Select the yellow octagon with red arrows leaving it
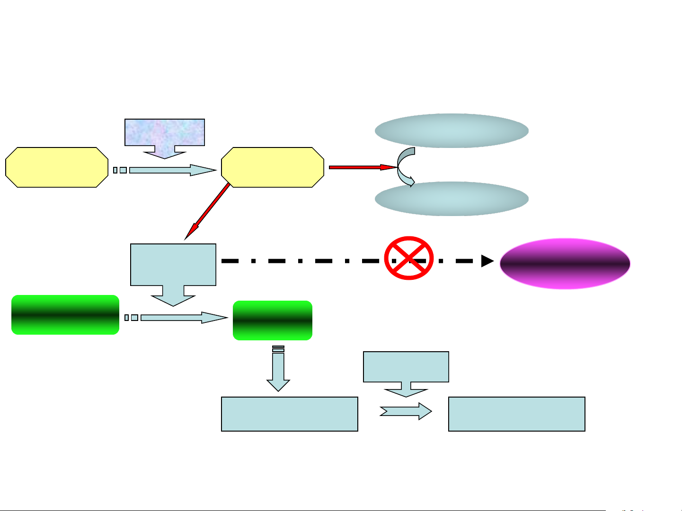[273, 167]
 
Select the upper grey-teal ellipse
[452, 130]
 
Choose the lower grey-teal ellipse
[452, 199]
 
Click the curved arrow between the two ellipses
[405, 167]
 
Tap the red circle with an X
[409, 258]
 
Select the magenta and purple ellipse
[565, 264]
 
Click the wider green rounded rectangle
[65, 315]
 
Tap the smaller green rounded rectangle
[273, 320]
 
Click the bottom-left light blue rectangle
[290, 414]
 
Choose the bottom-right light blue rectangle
[517, 414]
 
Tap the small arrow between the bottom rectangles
[406, 411]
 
